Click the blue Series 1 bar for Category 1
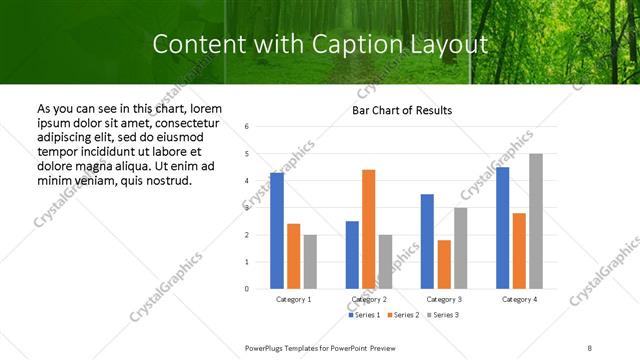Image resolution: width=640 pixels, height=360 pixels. coord(277,231)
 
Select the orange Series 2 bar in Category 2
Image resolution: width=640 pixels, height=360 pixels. coord(368,229)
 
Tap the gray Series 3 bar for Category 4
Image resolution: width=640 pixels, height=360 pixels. coord(536,221)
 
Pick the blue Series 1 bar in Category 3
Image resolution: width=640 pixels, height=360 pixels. coord(427,241)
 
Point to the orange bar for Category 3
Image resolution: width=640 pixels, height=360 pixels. coord(443,264)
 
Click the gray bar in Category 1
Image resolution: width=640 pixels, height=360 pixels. coord(310,262)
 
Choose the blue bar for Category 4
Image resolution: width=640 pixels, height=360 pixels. coord(502,228)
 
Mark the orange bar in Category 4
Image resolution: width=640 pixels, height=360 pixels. coord(519,251)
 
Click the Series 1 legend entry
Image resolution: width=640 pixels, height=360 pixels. coord(363,315)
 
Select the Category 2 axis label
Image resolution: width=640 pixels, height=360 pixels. coord(368,299)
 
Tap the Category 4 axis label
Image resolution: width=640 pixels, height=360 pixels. coord(519,299)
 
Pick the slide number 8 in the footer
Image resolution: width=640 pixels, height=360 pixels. coord(590,347)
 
